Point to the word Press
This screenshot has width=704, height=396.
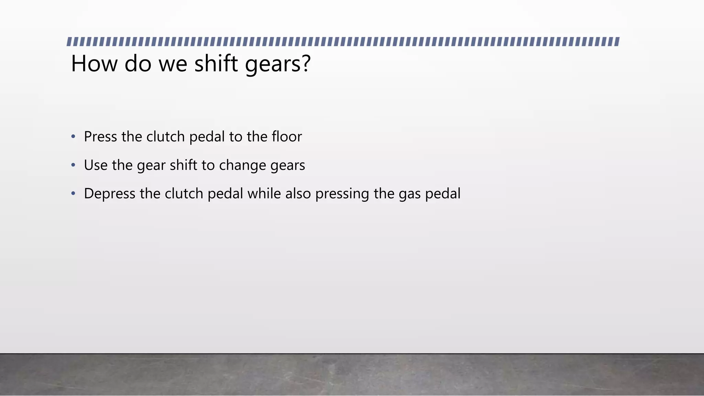point(100,137)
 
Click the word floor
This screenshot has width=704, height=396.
point(287,137)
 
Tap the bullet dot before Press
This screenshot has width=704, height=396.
point(73,137)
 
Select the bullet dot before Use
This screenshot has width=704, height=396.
point(73,165)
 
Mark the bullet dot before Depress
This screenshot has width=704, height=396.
point(73,194)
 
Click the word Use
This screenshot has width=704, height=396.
point(96,165)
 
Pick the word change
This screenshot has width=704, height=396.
point(242,165)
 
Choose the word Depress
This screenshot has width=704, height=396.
point(110,194)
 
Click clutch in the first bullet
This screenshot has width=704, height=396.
point(166,137)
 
